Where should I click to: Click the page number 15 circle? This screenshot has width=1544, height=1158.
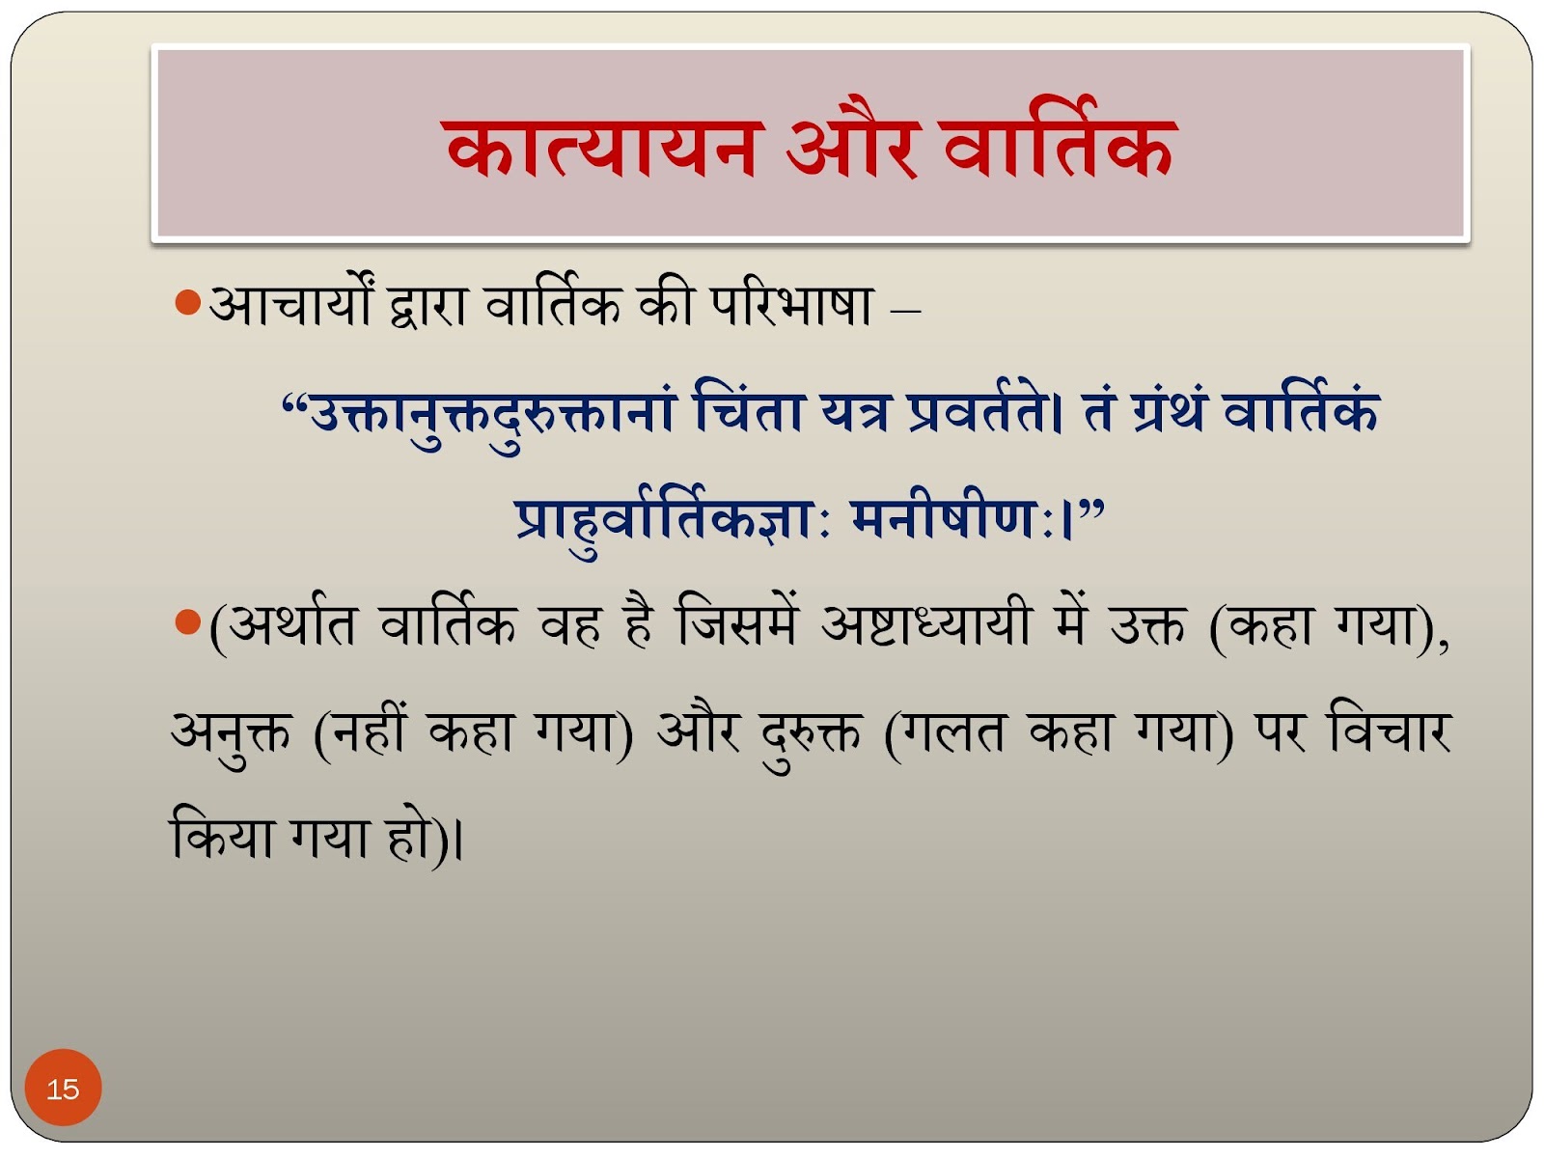click(x=64, y=1088)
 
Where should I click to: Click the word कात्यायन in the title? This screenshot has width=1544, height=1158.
click(x=602, y=147)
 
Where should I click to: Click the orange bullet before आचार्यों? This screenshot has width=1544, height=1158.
click(x=188, y=303)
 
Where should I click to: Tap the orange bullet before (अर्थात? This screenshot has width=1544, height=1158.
click(x=188, y=621)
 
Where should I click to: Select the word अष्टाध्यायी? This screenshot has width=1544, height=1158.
click(x=925, y=624)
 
